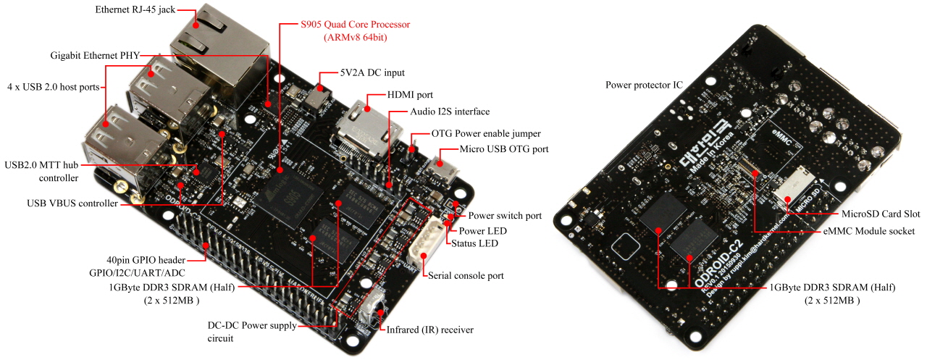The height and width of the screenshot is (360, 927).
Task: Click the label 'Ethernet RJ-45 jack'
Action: click(x=135, y=11)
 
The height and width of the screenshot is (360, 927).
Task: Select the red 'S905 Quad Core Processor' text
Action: click(x=355, y=25)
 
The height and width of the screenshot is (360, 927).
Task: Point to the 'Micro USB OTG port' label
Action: click(x=503, y=149)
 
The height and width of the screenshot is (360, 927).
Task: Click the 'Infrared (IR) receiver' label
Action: click(x=430, y=330)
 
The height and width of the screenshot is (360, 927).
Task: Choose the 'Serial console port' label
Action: click(x=465, y=275)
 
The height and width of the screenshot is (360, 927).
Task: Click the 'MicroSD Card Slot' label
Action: click(x=881, y=214)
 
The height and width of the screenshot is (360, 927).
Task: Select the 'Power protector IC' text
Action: click(x=644, y=85)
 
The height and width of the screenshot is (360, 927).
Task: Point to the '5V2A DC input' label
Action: click(x=372, y=73)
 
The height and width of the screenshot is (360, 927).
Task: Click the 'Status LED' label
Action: click(x=474, y=243)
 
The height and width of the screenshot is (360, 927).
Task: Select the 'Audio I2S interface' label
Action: click(x=450, y=112)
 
